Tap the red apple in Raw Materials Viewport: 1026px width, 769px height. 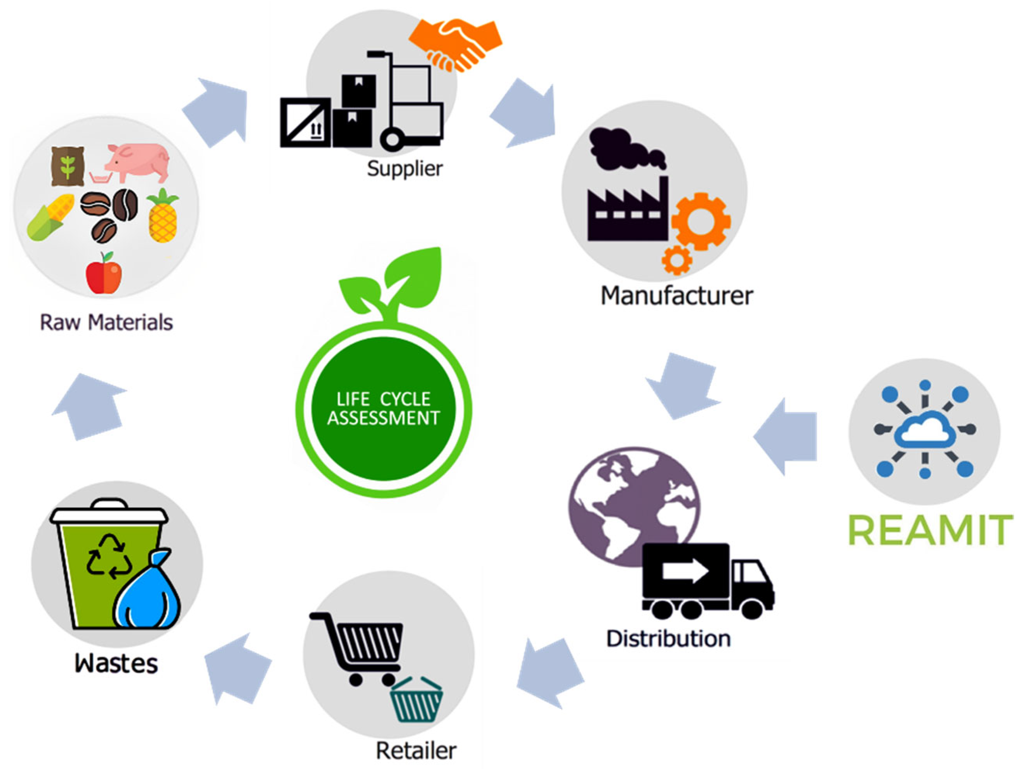(x=104, y=274)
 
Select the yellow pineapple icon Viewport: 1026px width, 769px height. (x=162, y=217)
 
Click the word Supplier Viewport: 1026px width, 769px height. (x=405, y=169)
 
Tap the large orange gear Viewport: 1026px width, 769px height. (x=701, y=221)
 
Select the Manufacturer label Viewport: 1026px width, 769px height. (x=676, y=296)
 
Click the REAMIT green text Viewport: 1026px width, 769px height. (x=930, y=530)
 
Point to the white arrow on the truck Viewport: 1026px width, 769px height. (x=685, y=571)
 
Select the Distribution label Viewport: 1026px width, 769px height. (x=668, y=639)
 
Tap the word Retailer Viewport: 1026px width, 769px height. (x=416, y=750)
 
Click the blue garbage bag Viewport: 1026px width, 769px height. (x=148, y=591)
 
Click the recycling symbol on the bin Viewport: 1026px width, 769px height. (x=110, y=557)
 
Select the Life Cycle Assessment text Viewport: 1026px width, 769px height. (x=383, y=409)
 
